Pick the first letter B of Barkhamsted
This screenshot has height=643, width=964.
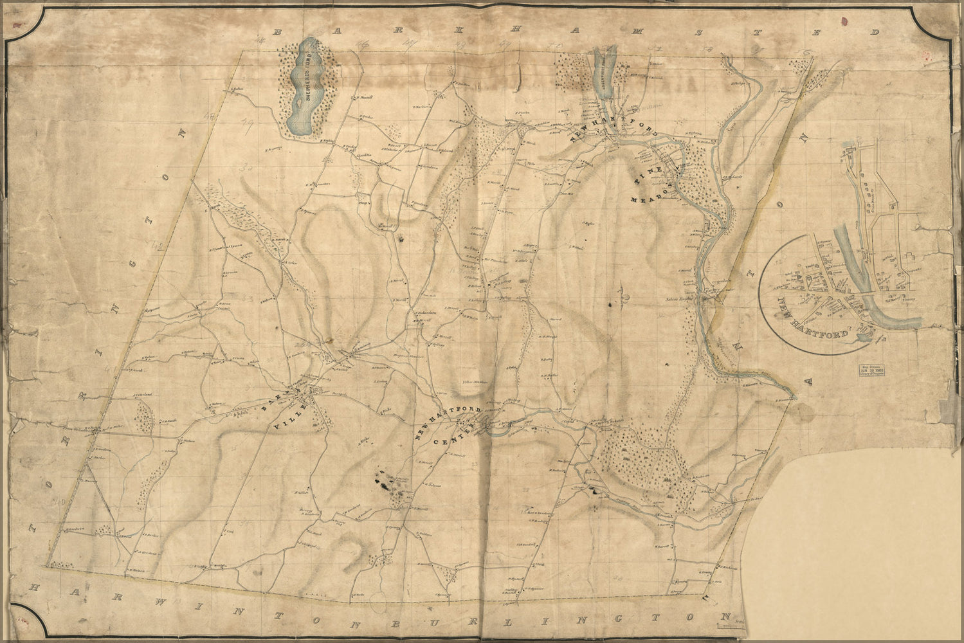[278, 32]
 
